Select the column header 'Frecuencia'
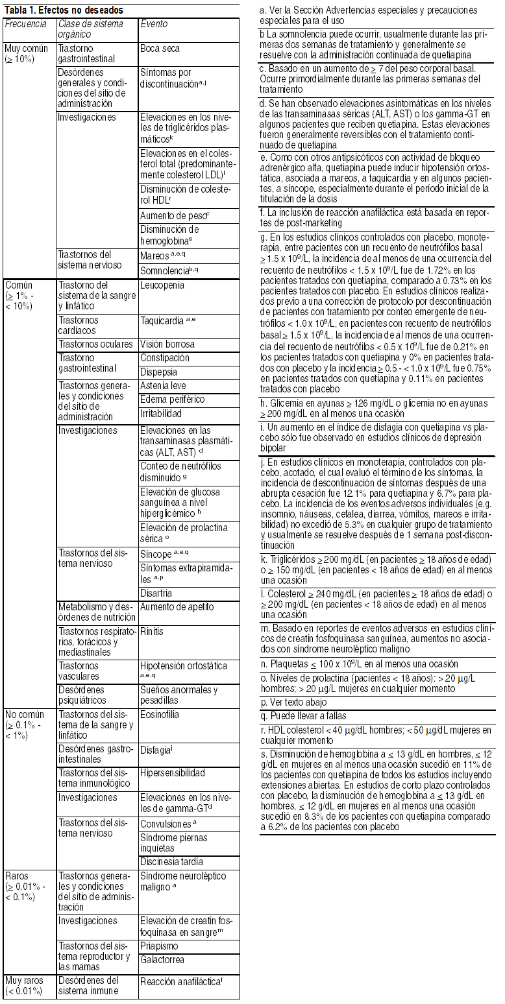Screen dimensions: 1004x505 [x=25, y=24]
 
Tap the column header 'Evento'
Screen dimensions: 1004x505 [x=154, y=24]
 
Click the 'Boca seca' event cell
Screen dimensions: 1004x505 [x=160, y=49]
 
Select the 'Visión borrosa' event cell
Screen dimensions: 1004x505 [x=167, y=344]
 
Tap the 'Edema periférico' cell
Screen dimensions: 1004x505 [x=172, y=400]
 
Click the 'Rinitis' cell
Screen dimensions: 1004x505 [x=152, y=631]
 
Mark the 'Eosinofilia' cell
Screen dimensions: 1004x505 [x=160, y=715]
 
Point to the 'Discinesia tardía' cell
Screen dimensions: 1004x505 [x=172, y=862]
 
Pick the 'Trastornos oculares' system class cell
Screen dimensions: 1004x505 [x=95, y=344]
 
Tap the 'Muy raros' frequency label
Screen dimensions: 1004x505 [x=25, y=980]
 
